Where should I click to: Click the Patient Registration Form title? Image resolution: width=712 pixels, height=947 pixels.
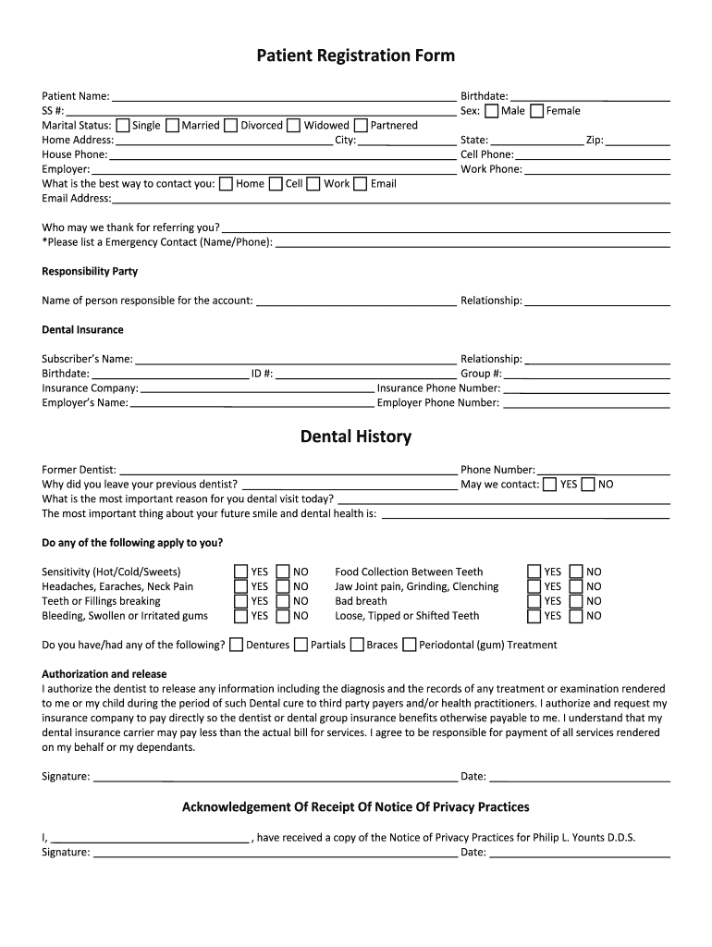point(355,55)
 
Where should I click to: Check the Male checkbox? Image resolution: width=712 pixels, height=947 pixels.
point(491,111)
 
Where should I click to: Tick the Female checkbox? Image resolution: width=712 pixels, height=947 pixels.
point(536,111)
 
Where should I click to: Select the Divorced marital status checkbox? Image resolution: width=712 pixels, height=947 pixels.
point(230,126)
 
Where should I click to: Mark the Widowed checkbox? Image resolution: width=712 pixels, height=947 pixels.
point(293,126)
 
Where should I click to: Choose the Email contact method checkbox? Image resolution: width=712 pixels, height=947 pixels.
point(360,184)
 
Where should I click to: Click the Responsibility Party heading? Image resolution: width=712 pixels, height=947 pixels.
point(90,272)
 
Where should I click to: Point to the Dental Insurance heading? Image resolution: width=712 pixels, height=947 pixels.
point(82,330)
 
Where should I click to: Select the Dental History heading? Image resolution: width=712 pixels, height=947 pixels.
point(355,437)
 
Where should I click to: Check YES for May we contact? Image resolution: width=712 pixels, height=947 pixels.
point(549,485)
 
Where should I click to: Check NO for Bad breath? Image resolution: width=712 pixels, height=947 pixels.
point(576,601)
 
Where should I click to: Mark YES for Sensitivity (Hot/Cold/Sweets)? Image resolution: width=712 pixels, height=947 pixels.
point(240,572)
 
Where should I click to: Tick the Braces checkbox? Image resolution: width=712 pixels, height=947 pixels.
point(356,646)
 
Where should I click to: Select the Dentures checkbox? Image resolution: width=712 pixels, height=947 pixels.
point(237,646)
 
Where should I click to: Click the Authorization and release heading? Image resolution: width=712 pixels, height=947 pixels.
point(104,674)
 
